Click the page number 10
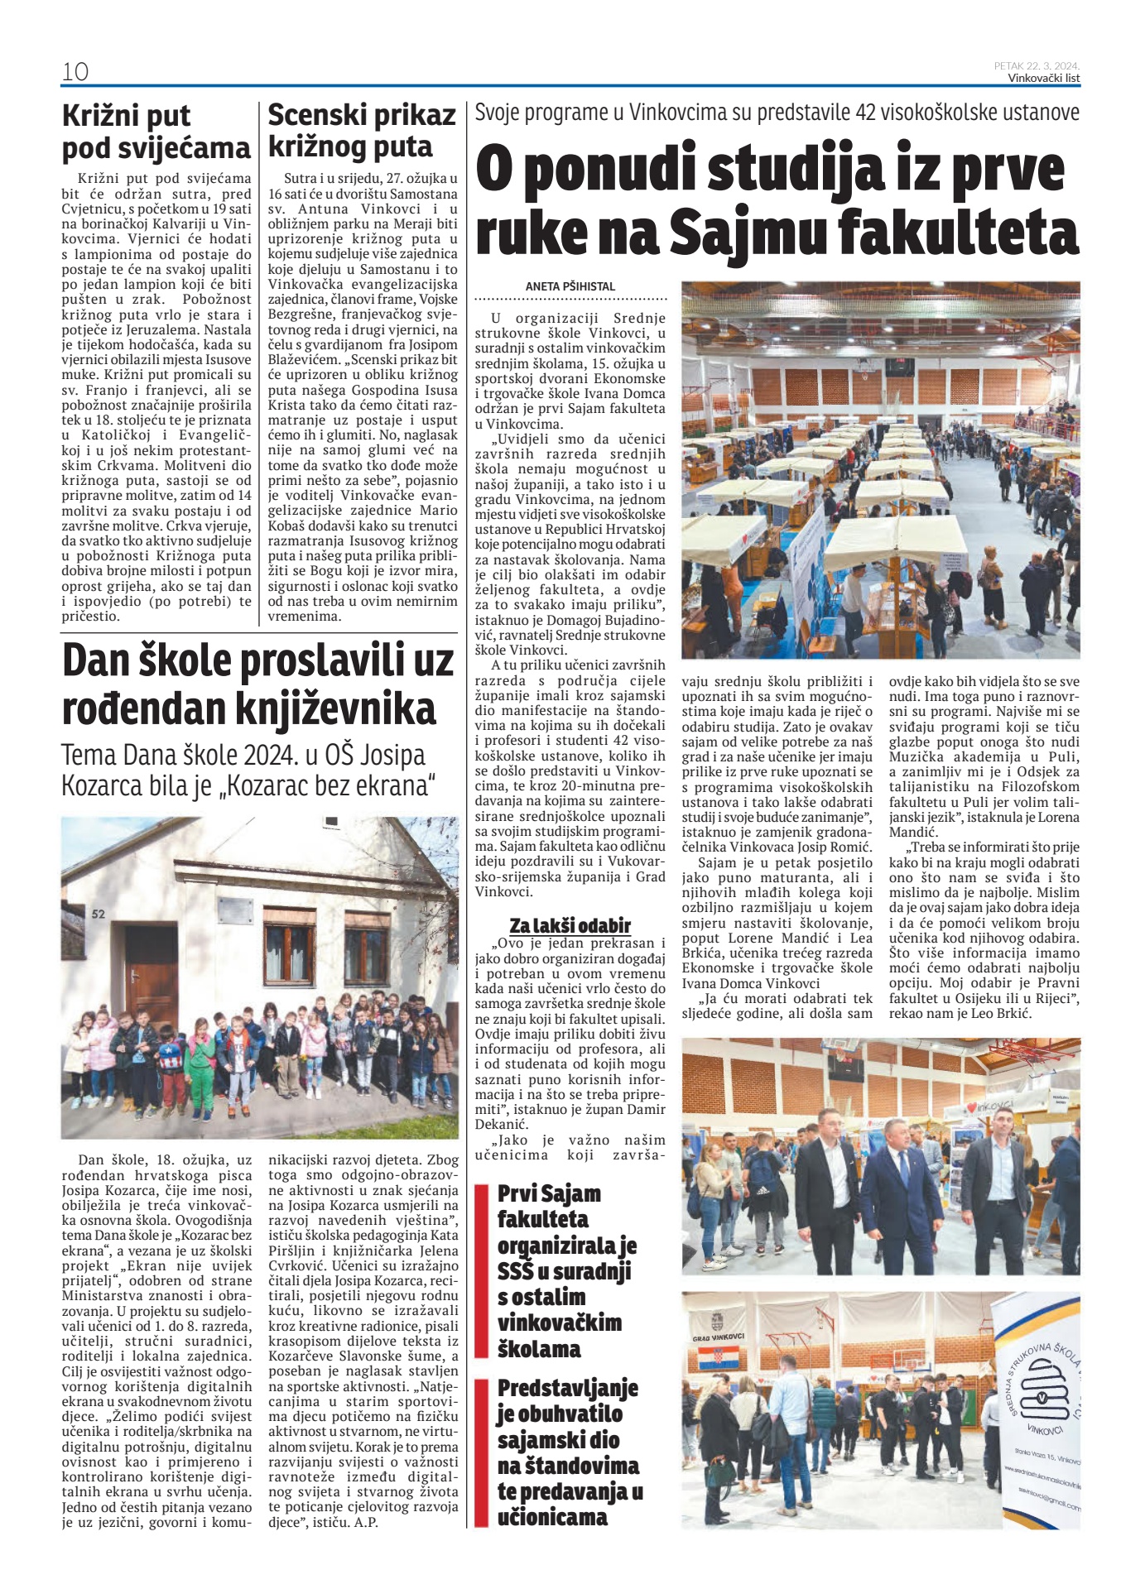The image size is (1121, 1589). pyautogui.click(x=75, y=72)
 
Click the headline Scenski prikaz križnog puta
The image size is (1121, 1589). pyautogui.click(x=362, y=131)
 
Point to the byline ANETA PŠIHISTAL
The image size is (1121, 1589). pyautogui.click(x=570, y=286)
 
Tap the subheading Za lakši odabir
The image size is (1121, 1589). pyautogui.click(x=570, y=925)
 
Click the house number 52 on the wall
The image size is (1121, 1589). pyautogui.click(x=99, y=914)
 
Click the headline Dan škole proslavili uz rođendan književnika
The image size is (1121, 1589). pyautogui.click(x=258, y=684)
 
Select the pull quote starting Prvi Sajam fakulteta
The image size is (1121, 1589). pyautogui.click(x=566, y=1270)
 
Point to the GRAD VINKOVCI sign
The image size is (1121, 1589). pyautogui.click(x=718, y=1337)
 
